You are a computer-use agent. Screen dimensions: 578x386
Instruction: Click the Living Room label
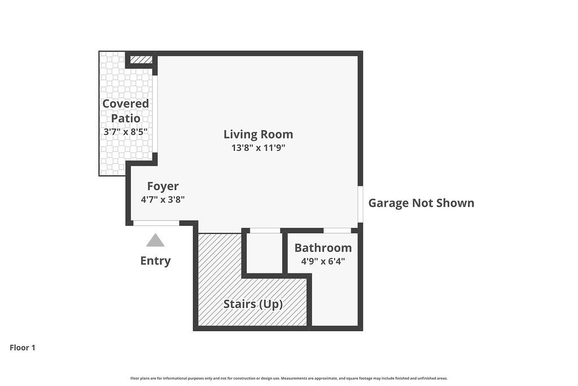(x=258, y=135)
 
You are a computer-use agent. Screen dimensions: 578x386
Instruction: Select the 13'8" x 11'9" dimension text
(x=258, y=148)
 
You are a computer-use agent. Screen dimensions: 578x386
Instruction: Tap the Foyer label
(x=163, y=187)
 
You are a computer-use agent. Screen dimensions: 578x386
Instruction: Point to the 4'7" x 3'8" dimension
(x=163, y=199)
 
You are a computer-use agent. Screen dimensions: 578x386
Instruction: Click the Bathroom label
(x=323, y=248)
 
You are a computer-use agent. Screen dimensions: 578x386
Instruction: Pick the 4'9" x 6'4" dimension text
(x=323, y=261)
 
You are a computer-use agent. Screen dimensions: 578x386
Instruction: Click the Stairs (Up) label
(x=253, y=304)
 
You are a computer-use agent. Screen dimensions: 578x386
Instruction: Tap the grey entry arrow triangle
(x=155, y=240)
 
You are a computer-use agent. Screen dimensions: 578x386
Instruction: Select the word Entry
(x=155, y=261)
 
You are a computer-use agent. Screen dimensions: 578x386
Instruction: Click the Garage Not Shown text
(x=421, y=203)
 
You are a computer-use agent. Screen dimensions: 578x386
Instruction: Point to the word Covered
(x=125, y=103)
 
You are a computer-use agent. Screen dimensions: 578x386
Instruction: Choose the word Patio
(x=125, y=119)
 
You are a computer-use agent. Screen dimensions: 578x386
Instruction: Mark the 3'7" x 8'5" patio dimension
(x=125, y=132)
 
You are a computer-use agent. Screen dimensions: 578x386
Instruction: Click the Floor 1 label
(x=23, y=348)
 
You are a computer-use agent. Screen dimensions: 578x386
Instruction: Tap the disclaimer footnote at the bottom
(x=288, y=378)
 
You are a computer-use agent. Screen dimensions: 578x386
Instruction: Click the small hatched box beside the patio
(x=141, y=59)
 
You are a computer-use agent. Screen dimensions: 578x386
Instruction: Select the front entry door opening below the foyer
(x=156, y=223)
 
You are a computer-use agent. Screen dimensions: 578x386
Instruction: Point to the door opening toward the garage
(x=360, y=204)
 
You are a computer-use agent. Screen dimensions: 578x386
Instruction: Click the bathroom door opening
(x=337, y=231)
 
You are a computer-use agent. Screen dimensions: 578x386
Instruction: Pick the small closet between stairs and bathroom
(x=264, y=253)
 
